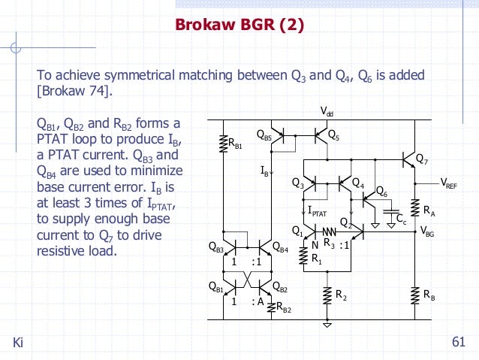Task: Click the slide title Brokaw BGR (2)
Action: pos(239,26)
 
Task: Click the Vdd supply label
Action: pos(327,112)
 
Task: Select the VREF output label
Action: pos(448,182)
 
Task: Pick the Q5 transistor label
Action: pos(333,137)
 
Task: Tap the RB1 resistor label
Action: pos(235,146)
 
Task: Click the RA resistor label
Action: pos(429,212)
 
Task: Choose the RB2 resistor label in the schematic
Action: pos(284,307)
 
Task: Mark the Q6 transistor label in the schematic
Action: pos(381,191)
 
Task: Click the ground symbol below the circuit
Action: pos(327,324)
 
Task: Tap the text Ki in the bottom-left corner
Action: pos(19,343)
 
